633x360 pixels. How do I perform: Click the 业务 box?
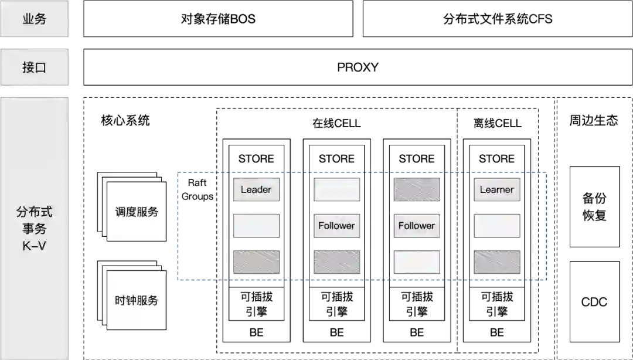point(35,19)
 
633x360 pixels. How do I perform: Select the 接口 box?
point(35,67)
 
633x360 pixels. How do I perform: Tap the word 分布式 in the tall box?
point(35,212)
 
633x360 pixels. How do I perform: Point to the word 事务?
point(35,229)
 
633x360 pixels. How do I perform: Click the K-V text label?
point(35,246)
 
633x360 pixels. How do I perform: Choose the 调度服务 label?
point(137,212)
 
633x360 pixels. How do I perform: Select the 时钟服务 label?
point(137,300)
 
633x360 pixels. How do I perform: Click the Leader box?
point(256,189)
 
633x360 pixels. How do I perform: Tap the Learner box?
point(496,189)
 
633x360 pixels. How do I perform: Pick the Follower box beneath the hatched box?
point(417,226)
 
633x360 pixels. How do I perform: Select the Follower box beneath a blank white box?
point(336,226)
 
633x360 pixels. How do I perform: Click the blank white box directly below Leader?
point(256,226)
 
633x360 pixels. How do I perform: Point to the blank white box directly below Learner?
point(496,226)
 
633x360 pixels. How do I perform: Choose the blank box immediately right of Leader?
point(336,189)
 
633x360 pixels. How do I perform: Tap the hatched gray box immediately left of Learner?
point(417,189)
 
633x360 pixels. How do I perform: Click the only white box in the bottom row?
point(417,262)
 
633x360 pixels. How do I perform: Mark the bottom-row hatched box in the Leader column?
point(256,262)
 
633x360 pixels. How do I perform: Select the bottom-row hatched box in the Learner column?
point(496,262)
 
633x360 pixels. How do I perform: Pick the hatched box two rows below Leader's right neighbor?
point(336,262)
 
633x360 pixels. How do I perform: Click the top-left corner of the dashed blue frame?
point(176,172)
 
